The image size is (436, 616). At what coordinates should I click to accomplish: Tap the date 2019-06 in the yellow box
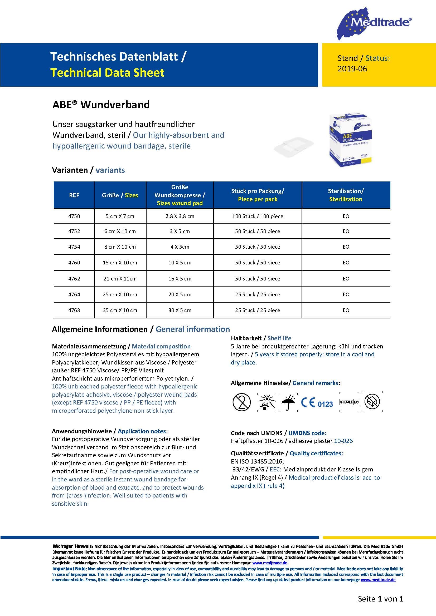(352, 69)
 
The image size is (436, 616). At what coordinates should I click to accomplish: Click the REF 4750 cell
(74, 216)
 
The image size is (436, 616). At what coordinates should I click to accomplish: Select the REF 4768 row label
(74, 311)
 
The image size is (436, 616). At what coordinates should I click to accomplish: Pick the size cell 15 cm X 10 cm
(120, 263)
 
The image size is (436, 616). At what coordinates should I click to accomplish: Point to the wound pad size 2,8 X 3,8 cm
(180, 216)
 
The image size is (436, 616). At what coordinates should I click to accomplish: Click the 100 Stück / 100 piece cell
(258, 216)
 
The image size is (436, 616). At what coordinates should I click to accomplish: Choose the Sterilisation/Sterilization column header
(346, 195)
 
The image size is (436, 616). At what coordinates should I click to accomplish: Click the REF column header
(74, 195)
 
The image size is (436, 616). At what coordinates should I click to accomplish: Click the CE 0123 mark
(317, 403)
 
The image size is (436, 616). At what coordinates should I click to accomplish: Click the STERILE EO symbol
(349, 402)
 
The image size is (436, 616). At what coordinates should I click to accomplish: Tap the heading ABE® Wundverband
(101, 105)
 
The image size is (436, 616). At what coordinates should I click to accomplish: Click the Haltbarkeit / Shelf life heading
(261, 338)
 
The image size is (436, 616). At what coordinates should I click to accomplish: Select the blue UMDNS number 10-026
(343, 441)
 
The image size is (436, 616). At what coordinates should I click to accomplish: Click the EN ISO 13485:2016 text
(257, 461)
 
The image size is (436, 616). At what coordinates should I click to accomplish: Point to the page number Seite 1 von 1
(380, 599)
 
